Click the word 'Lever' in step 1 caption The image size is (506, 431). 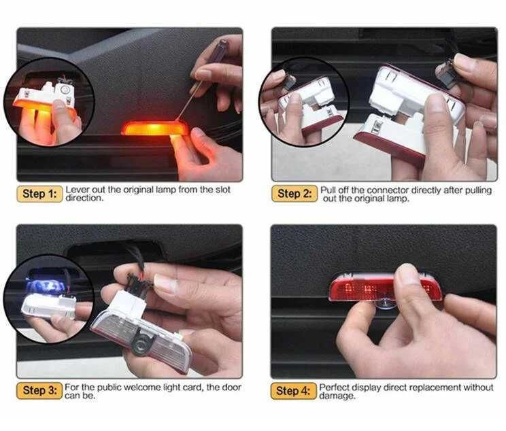[x=77, y=190]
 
